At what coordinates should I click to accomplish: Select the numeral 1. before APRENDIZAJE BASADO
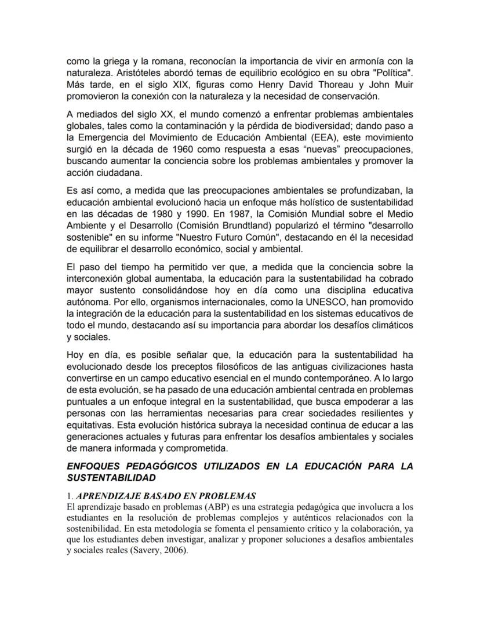coord(70,496)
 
